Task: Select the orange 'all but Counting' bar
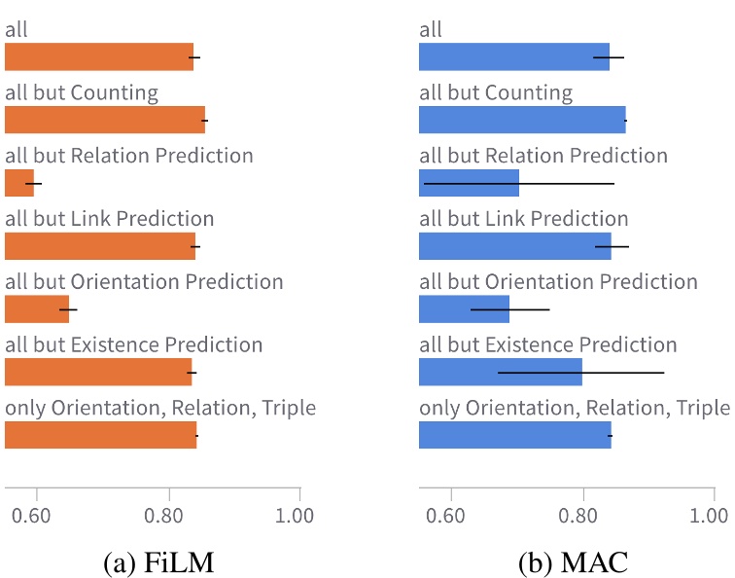tap(105, 120)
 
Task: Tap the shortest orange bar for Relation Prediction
tap(19, 183)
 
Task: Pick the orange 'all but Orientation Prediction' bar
tap(37, 309)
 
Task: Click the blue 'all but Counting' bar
tap(522, 120)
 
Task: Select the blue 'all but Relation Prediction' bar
tap(469, 183)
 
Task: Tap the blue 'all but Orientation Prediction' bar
tap(464, 309)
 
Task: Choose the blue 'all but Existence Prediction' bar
tap(500, 373)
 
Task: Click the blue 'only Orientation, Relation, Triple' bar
tap(514, 435)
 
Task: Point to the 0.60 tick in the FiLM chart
tap(36, 513)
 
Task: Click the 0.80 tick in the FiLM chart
tap(168, 513)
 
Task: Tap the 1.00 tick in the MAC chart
tap(714, 513)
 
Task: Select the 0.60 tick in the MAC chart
tap(450, 513)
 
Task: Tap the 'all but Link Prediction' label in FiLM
tap(109, 219)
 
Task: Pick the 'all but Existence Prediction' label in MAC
tap(547, 345)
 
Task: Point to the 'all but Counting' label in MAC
tap(496, 93)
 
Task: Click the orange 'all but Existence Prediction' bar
tap(98, 373)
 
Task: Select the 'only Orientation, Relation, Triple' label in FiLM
tap(160, 408)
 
